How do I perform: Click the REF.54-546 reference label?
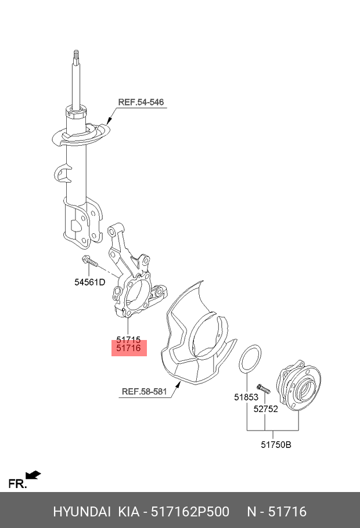(141, 103)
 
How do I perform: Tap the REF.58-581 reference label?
(144, 392)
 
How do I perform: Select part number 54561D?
(89, 283)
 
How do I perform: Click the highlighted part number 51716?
(129, 348)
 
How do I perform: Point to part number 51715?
(128, 339)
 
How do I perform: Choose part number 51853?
(246, 397)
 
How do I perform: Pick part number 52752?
(265, 408)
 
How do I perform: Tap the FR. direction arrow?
(34, 476)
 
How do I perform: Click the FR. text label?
(17, 484)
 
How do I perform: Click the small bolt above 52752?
(262, 389)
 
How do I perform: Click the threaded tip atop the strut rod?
(75, 56)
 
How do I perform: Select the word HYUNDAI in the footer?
(82, 512)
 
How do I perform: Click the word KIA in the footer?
(128, 512)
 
